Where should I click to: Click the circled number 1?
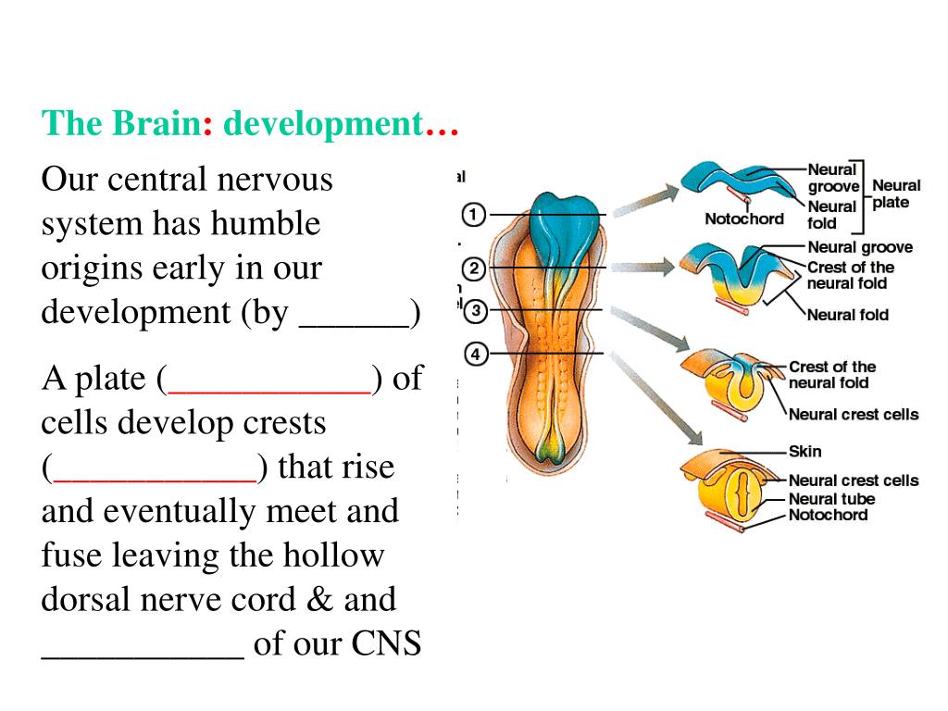pos(473,215)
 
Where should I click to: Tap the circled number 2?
pos(473,268)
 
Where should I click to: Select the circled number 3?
pos(475,311)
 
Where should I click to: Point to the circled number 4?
pos(475,354)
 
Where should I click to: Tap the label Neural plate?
pos(895,194)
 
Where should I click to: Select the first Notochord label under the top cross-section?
pos(743,219)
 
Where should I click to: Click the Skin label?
pos(805,452)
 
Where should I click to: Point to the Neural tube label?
pos(831,499)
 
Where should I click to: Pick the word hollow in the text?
pos(334,555)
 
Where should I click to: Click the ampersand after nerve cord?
pos(322,599)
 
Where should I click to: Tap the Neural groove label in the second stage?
pos(860,247)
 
